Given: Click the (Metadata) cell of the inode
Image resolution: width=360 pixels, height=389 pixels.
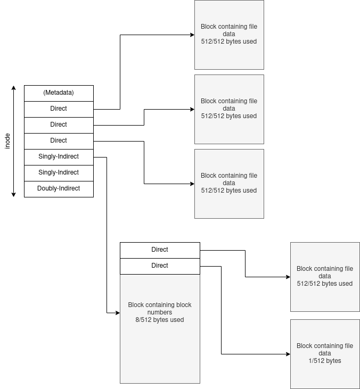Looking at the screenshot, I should click(x=59, y=93).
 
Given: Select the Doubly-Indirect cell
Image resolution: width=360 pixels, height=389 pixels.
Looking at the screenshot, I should click(x=59, y=188).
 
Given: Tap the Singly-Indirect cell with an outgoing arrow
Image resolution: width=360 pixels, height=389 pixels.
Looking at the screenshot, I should click(x=59, y=156).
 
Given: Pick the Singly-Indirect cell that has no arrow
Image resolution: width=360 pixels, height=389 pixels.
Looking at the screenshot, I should click(x=59, y=172).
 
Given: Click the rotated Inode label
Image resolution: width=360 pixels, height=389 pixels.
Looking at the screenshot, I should click(x=7, y=141).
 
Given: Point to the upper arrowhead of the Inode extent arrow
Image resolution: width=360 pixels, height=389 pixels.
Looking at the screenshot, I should click(x=14, y=88).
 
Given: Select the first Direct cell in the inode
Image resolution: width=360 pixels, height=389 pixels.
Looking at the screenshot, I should click(x=59, y=109).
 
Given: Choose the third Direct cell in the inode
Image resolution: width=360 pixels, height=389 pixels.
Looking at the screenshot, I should click(x=59, y=140).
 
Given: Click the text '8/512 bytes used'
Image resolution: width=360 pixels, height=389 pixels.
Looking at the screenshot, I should click(x=160, y=320).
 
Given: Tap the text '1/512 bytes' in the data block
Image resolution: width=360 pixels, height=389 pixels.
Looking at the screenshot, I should click(x=325, y=361).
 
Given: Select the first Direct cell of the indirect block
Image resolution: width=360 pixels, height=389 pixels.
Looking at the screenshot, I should click(x=160, y=250).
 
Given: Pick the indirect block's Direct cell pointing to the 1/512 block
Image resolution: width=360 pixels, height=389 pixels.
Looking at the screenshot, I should click(x=160, y=266).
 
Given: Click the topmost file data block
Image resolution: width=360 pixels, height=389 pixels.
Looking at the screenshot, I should click(x=229, y=35).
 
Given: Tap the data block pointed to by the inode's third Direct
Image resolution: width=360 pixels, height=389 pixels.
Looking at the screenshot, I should click(x=229, y=184).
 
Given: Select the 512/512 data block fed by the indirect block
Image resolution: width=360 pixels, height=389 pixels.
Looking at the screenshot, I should click(x=325, y=277).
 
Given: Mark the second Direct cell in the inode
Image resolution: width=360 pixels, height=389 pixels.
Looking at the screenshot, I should click(x=59, y=125).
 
